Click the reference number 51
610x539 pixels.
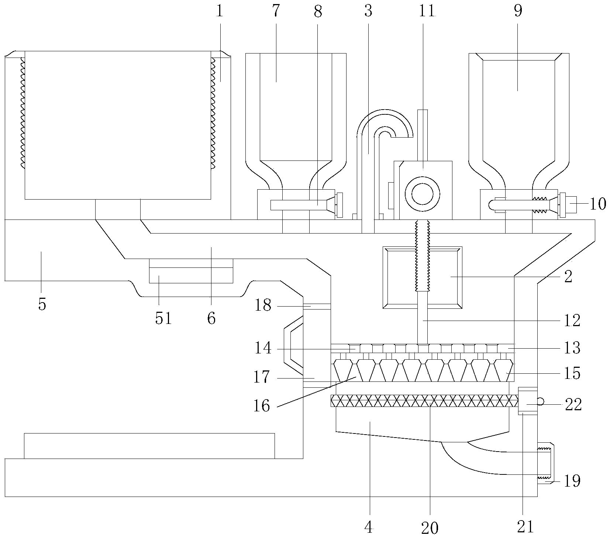click(163, 318)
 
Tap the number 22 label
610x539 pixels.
click(573, 405)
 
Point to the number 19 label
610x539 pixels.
click(572, 481)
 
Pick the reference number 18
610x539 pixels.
click(263, 306)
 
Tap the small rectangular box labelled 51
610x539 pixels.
click(191, 271)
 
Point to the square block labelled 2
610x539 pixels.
click(423, 277)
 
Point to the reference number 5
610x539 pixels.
click(42, 305)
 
